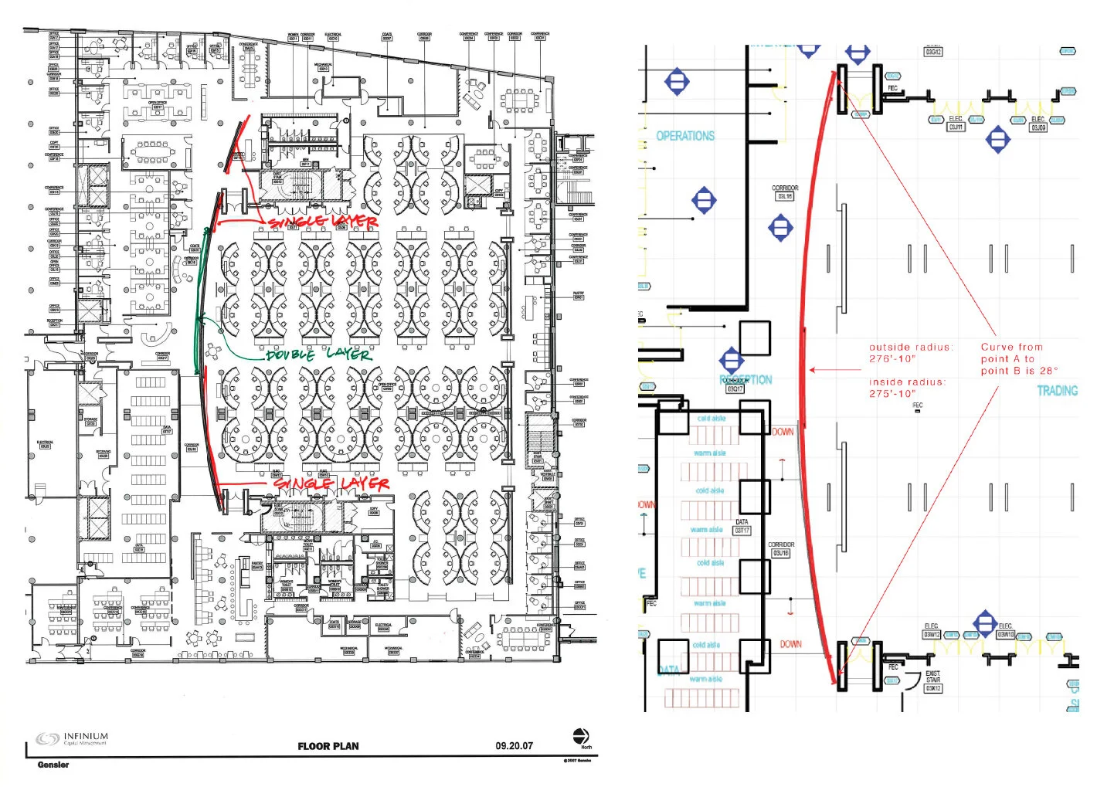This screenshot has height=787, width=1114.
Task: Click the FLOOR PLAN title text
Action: coord(328,746)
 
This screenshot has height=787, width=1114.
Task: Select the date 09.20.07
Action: coord(514,746)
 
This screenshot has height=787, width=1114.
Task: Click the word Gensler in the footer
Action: coord(53,765)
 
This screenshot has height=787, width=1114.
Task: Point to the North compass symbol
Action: coord(581,736)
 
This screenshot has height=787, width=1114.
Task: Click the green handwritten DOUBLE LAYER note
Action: coord(319,354)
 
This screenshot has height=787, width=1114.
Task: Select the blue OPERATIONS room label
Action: coord(685,136)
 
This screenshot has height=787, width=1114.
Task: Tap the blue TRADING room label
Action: coord(1056,391)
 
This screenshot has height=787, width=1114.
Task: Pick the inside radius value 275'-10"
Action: coord(892,393)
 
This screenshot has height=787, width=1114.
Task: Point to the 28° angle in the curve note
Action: coord(1048,371)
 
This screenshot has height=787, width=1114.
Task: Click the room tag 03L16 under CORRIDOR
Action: coord(784,196)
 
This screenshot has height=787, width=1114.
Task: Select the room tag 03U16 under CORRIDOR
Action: coord(780,553)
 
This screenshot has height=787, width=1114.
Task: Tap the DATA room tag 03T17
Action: coord(742,530)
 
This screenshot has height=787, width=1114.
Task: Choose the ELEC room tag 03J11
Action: coord(956,127)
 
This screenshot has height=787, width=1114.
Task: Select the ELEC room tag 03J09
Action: coord(1038,127)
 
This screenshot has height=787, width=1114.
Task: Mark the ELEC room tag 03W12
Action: coord(931,634)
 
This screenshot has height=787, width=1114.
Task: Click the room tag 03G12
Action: coord(933,52)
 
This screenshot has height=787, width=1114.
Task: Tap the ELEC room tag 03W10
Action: coord(1005,634)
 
